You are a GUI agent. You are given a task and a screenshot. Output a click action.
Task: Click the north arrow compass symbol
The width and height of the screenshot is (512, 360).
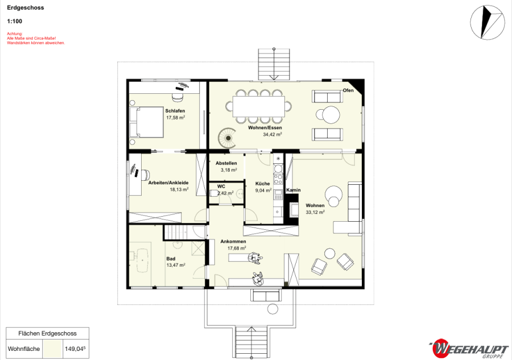(487, 22)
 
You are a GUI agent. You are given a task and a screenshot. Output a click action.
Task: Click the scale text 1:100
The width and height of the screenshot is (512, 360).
(15, 22)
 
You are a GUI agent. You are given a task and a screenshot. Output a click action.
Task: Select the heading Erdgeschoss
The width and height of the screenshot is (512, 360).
(26, 7)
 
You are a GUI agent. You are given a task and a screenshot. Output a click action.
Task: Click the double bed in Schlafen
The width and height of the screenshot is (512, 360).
(146, 122)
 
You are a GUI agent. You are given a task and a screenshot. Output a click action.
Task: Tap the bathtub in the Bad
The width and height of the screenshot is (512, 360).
(142, 260)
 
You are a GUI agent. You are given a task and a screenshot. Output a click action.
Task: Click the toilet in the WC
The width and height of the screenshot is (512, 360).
(214, 193)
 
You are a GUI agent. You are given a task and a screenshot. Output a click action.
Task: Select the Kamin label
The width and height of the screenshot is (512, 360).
(294, 190)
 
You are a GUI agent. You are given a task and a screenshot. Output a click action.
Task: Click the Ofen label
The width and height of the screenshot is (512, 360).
(348, 90)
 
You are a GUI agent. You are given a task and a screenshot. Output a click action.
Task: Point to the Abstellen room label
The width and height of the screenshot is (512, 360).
(226, 163)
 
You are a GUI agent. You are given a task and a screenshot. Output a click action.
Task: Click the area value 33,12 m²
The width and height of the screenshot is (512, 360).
(315, 212)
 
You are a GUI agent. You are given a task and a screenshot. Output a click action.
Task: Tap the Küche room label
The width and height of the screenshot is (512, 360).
(262, 184)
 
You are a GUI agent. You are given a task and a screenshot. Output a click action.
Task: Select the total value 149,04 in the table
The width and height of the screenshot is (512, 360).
(75, 349)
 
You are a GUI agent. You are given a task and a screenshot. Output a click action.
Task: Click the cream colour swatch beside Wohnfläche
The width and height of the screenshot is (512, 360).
(52, 349)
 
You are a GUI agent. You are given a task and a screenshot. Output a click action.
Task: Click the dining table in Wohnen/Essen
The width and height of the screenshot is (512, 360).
(259, 106)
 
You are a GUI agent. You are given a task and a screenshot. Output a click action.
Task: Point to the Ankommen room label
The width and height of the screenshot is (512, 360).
(233, 242)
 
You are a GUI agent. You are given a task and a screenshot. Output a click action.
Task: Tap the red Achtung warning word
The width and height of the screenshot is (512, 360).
(15, 34)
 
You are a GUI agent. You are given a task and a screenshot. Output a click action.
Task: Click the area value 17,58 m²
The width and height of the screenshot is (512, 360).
(176, 118)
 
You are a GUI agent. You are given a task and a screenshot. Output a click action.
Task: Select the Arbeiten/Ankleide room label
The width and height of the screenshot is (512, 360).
(168, 183)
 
